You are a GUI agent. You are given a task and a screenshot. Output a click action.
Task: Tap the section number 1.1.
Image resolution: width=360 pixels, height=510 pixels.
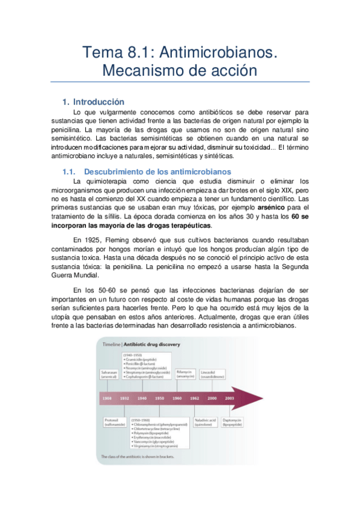pos(71,172)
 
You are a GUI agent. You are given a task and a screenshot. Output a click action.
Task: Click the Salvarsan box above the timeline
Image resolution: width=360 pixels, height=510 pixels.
pos(110,375)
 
